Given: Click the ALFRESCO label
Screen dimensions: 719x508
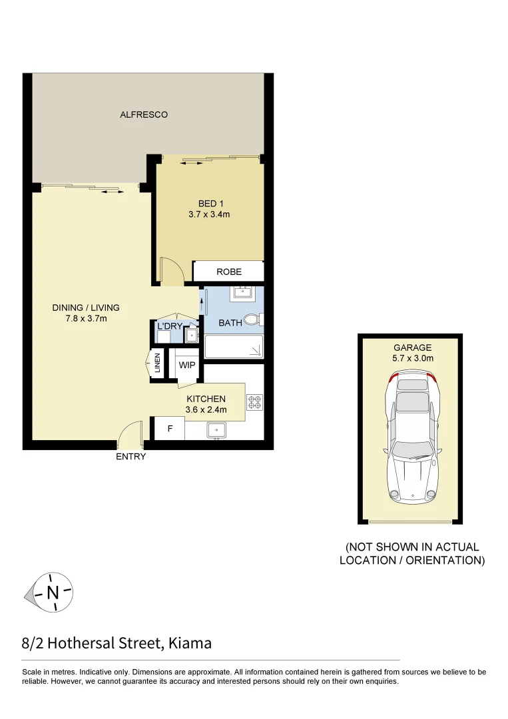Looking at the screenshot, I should [x=143, y=115].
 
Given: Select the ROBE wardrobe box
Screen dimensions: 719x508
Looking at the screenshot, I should [x=228, y=272].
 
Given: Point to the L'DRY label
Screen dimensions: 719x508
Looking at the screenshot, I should [x=169, y=326].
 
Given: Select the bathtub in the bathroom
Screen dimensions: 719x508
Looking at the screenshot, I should [x=234, y=346].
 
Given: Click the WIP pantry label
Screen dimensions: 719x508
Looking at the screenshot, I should [x=186, y=365].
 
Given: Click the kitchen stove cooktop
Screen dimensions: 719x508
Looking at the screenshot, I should [x=255, y=401].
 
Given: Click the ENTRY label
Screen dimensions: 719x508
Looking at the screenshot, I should [x=130, y=457].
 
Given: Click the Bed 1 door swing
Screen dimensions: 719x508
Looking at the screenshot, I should [x=172, y=271].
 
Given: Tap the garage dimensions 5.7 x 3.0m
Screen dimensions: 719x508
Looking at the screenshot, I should [x=412, y=358].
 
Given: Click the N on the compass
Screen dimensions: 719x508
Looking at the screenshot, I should [x=53, y=592].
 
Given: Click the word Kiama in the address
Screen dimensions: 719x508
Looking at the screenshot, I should [x=190, y=643].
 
